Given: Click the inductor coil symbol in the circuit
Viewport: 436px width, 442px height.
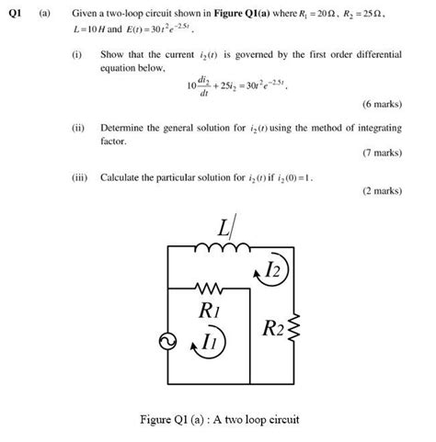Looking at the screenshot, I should tap(222, 248).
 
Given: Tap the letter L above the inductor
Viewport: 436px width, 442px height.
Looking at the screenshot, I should tap(224, 226).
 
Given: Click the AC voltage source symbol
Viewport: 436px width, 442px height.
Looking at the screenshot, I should tap(168, 343).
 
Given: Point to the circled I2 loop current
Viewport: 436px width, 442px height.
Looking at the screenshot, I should tap(271, 270).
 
